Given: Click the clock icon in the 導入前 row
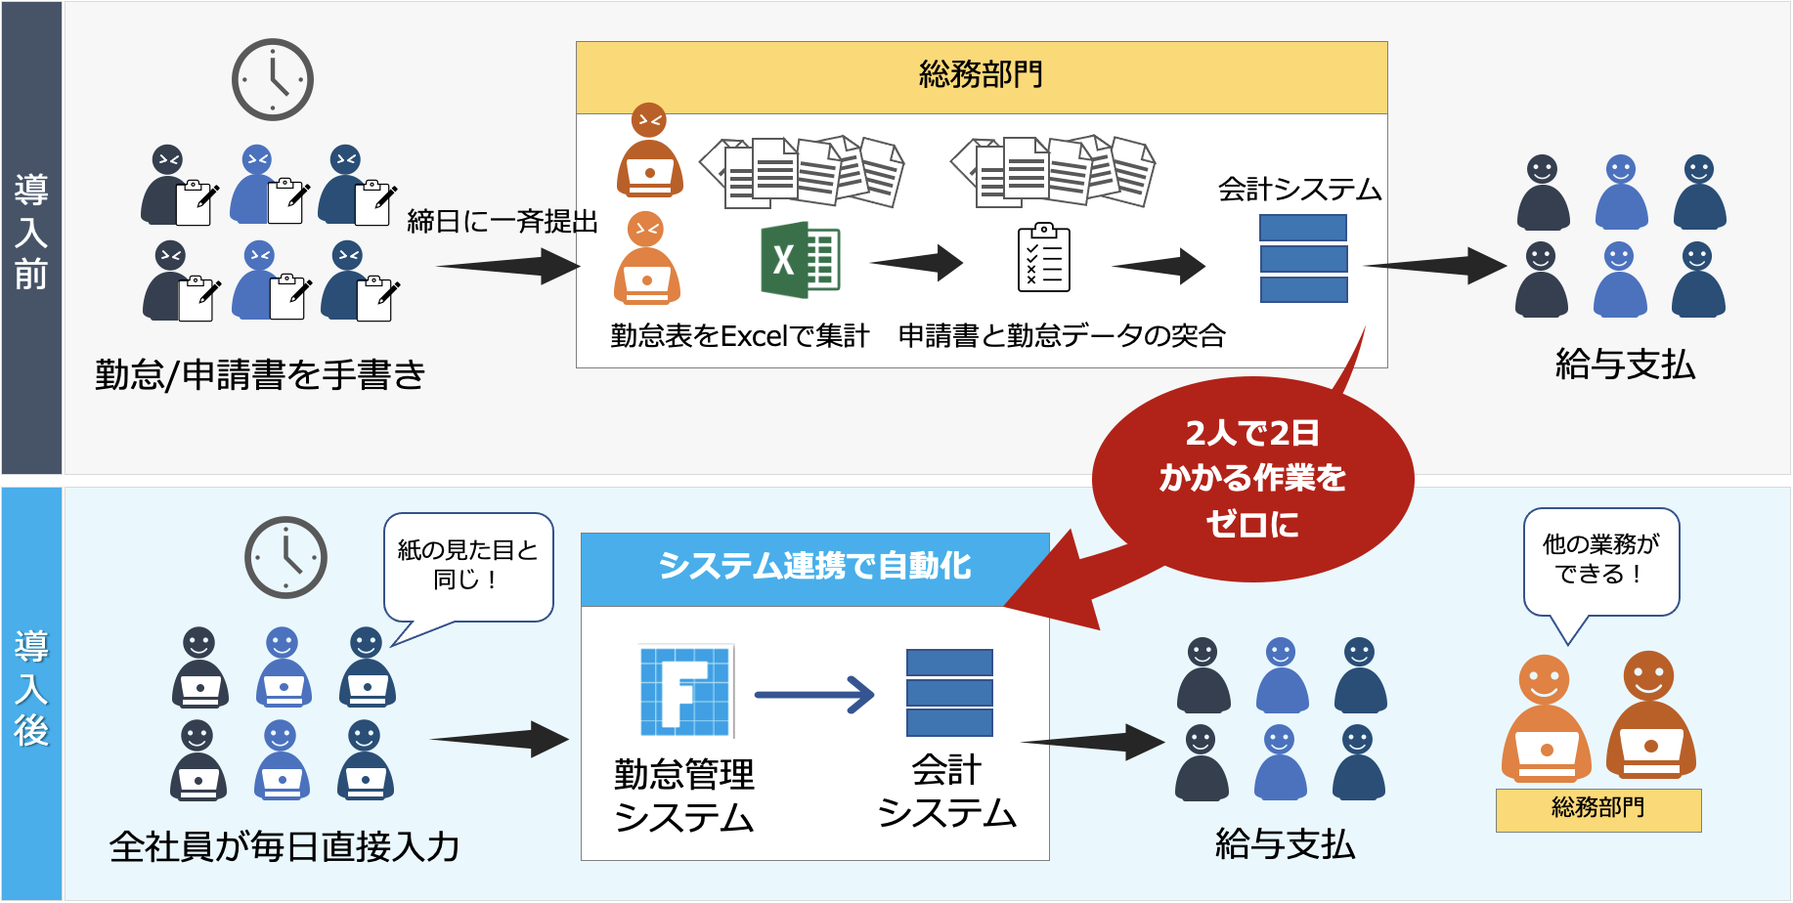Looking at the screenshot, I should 272,79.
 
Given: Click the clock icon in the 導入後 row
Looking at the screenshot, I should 284,557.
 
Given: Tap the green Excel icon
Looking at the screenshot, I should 801,260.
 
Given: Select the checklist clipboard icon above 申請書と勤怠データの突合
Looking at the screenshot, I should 1043,259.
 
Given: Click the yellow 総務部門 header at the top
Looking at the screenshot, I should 981,76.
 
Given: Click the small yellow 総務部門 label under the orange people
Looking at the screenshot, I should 1597,809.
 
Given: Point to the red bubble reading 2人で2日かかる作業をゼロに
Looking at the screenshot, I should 1251,479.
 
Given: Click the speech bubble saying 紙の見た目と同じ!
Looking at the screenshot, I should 467,565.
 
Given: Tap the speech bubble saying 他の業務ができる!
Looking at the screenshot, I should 1600,559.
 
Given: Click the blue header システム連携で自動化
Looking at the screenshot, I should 814,567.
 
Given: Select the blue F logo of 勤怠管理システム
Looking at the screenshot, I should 685,691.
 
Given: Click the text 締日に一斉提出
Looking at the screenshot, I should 502,222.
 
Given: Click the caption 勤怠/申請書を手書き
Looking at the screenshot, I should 260,374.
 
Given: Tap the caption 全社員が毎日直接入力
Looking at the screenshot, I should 284,846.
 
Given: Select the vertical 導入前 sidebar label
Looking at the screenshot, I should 31,233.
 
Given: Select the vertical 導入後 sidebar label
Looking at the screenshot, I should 31,689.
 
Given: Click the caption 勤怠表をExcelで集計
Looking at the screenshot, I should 739,336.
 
